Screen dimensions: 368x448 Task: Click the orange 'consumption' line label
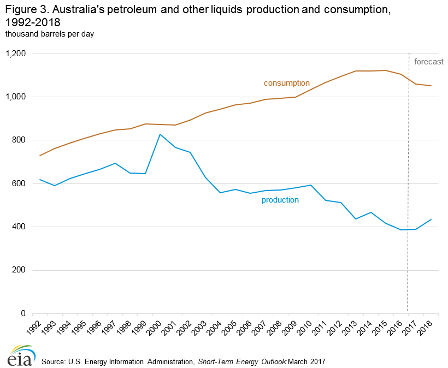[x=286, y=83]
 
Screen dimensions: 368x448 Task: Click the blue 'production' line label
[x=280, y=200]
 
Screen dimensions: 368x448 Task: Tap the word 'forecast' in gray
[x=428, y=62]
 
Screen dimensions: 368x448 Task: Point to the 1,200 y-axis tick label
[x=15, y=54]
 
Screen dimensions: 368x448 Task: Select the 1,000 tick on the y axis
[x=15, y=97]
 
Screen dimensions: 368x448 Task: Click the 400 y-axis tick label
[x=19, y=227]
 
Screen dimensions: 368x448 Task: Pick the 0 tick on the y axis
[x=24, y=313]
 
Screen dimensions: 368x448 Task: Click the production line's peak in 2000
[x=160, y=134]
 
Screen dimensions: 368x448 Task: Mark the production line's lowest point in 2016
[x=402, y=230]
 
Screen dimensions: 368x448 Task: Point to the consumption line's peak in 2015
[x=386, y=70]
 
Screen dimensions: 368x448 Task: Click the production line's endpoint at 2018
[x=432, y=219]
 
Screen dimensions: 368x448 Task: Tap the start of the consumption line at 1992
[x=39, y=156]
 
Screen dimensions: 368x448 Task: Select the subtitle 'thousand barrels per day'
[x=50, y=34]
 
